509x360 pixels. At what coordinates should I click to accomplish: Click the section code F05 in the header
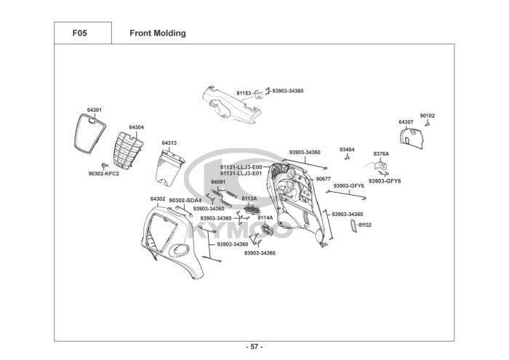80,33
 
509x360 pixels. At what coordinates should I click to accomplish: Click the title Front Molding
157,33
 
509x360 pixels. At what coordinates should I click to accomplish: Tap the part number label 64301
94,110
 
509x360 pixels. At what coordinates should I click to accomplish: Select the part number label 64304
136,127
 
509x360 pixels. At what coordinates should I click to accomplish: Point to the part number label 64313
169,143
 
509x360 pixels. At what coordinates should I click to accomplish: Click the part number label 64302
158,199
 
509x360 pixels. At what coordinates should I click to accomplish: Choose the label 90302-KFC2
103,174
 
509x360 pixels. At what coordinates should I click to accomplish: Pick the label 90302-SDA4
185,200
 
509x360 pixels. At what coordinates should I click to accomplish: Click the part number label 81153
244,93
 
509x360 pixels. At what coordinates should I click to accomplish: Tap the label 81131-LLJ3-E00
241,167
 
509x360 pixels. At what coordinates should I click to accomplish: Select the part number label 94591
218,182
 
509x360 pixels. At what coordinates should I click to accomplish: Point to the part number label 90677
324,178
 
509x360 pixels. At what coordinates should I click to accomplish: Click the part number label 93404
347,149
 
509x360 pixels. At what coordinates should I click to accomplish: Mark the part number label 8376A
381,153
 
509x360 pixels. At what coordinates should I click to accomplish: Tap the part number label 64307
406,121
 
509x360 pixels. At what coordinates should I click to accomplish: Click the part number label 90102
428,116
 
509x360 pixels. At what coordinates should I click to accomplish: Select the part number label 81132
364,225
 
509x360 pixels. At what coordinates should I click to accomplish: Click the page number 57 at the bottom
254,346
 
